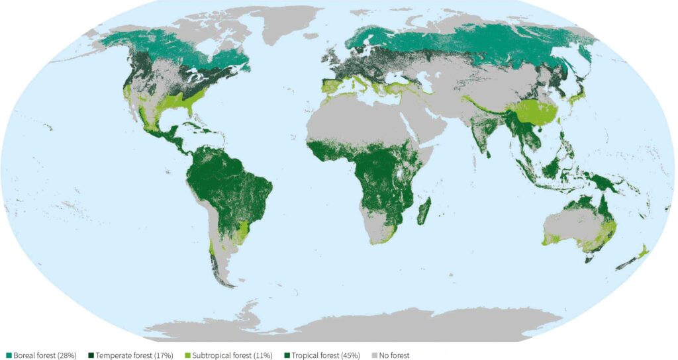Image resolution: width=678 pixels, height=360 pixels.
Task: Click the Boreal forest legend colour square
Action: [8, 355]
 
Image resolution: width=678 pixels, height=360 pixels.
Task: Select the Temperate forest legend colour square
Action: [91, 355]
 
